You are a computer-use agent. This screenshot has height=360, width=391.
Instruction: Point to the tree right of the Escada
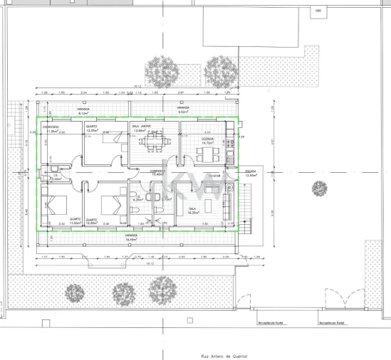[x=318, y=189]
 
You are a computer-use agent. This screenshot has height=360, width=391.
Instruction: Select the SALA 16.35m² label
[x=192, y=210]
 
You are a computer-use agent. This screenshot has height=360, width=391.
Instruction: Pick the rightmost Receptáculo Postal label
[x=332, y=322]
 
